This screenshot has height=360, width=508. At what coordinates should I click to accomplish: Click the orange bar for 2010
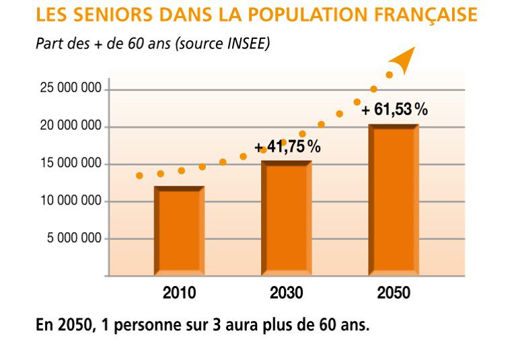[x=179, y=231]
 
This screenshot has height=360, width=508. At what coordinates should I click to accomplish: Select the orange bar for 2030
[x=286, y=219]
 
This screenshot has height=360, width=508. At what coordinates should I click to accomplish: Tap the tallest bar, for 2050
[x=394, y=200]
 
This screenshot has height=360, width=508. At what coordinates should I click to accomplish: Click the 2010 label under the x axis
[x=179, y=293]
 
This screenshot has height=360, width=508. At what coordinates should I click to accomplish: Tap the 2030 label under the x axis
[x=286, y=293]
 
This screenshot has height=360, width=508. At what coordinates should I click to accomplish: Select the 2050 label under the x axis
[x=394, y=293]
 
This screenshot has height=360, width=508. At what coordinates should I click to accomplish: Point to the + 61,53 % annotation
[x=394, y=110]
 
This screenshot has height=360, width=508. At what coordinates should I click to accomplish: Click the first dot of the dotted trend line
[x=139, y=176]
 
